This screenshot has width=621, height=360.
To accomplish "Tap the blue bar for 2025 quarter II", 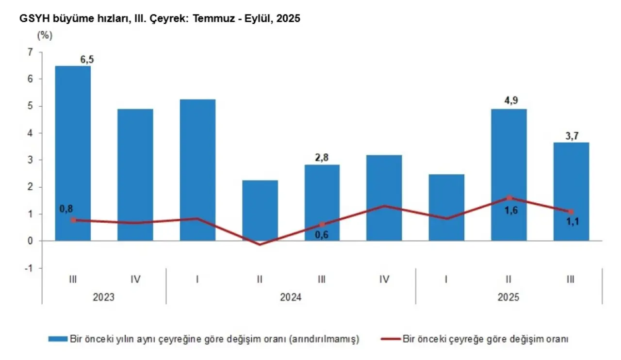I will (509, 175).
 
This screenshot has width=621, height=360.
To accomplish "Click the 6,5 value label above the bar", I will (86, 59).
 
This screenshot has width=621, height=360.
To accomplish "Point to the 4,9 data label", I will (509, 101).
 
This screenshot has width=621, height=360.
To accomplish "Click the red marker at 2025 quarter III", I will (571, 212).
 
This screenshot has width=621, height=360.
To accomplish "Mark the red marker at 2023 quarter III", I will (73, 220).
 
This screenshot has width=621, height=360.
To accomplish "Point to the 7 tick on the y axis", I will (30, 52).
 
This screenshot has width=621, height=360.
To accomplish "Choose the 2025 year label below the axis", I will (508, 297).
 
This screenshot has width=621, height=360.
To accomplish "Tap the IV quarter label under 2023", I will (135, 279).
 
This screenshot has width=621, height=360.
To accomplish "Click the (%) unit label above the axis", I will (44, 35).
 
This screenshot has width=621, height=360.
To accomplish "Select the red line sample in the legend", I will (389, 339).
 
